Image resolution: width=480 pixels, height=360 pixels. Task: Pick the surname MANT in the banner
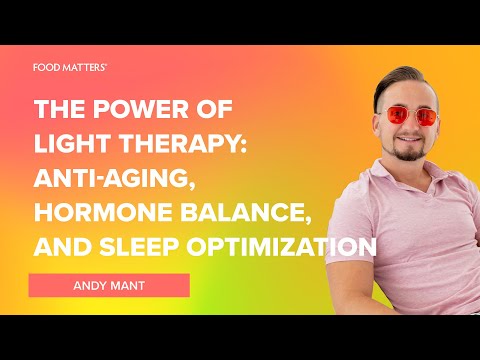point(129,285)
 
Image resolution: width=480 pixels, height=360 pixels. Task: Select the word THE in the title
point(63,110)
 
